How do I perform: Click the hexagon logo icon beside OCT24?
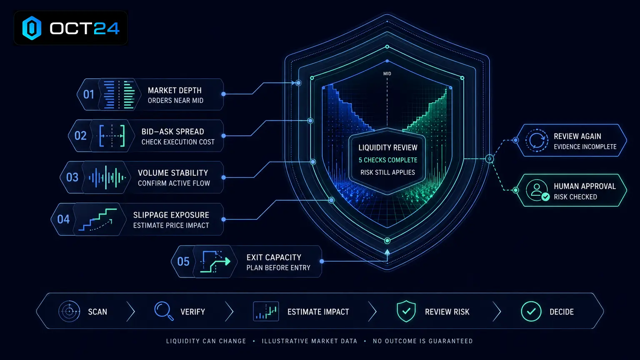[32, 28]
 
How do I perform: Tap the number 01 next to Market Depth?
[89, 94]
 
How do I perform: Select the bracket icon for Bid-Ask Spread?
[112, 136]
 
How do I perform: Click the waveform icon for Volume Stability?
[107, 177]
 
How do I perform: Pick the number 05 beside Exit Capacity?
[183, 261]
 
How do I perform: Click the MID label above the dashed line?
[387, 74]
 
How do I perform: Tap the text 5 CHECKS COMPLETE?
[388, 160]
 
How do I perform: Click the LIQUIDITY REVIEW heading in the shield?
[388, 148]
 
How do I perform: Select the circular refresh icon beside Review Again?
[537, 140]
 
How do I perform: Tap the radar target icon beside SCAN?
[69, 311]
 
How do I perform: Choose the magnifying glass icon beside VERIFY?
[164, 311]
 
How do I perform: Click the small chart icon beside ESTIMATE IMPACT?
[266, 311]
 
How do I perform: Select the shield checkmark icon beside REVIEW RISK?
[406, 311]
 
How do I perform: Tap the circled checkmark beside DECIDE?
[531, 311]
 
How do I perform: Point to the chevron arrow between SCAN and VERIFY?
[130, 312]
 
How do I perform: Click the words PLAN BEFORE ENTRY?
[278, 268]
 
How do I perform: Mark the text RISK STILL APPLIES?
[388, 172]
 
